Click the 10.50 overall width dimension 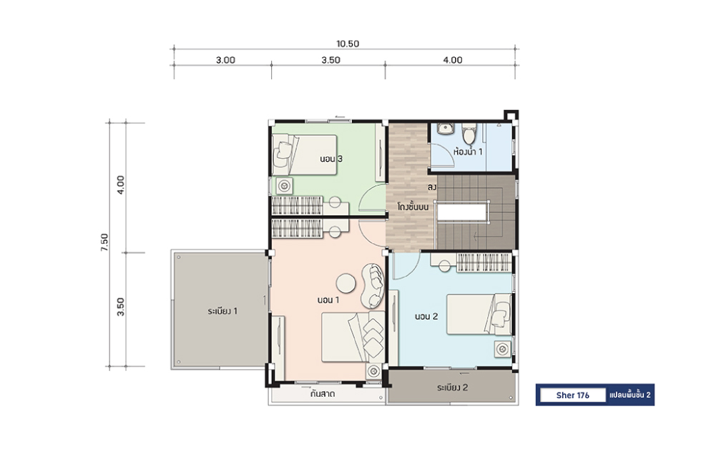pos(348,44)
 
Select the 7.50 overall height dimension pos(104,242)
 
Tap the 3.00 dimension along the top pos(225,60)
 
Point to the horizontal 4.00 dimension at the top pos(452,60)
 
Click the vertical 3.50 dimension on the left pos(121,307)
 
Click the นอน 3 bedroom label pos(331,159)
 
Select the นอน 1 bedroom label pos(328,300)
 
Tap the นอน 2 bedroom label pos(426,316)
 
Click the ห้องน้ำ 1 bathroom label pos(468,151)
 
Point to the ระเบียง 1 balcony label pos(222,310)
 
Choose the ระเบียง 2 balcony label pos(452,387)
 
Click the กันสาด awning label pos(323,394)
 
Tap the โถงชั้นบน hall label pos(413,207)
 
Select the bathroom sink pos(445,129)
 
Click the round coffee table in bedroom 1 pos(346,283)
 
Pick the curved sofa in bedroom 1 pos(373,285)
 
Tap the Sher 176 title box pos(573,395)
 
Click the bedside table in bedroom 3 pos(285,185)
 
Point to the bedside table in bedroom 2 pos(502,349)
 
